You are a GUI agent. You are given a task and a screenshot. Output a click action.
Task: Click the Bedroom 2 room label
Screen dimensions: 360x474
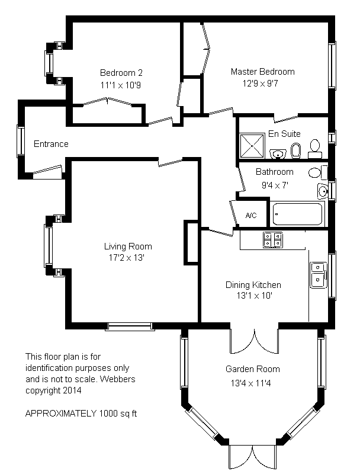click(121, 73)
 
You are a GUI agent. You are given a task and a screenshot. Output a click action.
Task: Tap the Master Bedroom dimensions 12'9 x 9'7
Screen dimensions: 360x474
click(261, 84)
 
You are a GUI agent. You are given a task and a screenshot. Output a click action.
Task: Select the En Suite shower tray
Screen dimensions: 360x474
click(252, 146)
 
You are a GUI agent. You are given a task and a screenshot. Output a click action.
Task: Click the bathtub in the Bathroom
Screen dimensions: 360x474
click(297, 214)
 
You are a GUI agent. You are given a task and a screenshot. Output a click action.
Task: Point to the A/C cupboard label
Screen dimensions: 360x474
click(251, 215)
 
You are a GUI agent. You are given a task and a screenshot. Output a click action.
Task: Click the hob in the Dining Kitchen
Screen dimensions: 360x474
click(273, 240)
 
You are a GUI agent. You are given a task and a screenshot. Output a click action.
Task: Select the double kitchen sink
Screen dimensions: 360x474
click(319, 275)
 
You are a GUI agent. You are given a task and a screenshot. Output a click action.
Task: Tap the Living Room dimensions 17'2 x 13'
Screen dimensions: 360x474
click(127, 258)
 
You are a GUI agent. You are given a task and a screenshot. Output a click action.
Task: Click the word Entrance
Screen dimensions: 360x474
click(51, 144)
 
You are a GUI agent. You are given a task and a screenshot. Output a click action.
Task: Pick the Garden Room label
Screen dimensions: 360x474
click(253, 369)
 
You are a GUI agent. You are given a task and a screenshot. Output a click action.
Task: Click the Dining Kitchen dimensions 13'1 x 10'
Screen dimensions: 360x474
click(255, 296)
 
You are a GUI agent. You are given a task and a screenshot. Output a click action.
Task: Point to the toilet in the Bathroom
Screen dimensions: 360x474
click(318, 172)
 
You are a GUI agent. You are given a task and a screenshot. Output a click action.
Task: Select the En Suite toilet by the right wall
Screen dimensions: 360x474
click(314, 149)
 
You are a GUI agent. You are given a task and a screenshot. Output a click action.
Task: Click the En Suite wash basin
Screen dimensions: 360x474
click(278, 153)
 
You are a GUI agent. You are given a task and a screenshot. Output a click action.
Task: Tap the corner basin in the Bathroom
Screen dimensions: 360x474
click(323, 191)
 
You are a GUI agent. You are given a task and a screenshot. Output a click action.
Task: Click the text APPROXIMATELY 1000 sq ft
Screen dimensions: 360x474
click(81, 414)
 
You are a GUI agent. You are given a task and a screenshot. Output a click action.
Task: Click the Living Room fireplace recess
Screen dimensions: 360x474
click(191, 243)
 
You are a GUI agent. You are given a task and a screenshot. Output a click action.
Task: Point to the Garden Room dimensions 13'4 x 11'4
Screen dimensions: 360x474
click(250, 383)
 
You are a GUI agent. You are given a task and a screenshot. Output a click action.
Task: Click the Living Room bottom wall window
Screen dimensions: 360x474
click(130, 326)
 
